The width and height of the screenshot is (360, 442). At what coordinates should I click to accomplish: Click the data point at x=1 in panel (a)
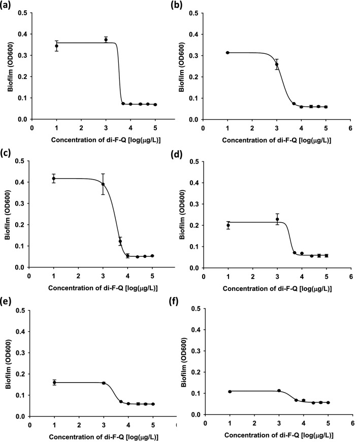[x=56, y=46]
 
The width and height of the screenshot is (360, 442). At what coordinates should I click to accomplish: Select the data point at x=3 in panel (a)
[x=106, y=40]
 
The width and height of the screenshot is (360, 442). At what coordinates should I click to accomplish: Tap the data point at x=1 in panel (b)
[x=228, y=52]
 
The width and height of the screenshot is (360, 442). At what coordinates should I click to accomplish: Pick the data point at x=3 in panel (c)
[x=103, y=184]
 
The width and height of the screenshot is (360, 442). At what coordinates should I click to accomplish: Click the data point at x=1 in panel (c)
[x=54, y=178]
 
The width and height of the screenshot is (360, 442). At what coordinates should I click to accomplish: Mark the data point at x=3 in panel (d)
[x=277, y=219]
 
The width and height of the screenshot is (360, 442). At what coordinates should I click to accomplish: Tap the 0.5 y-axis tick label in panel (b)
[x=193, y=13]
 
